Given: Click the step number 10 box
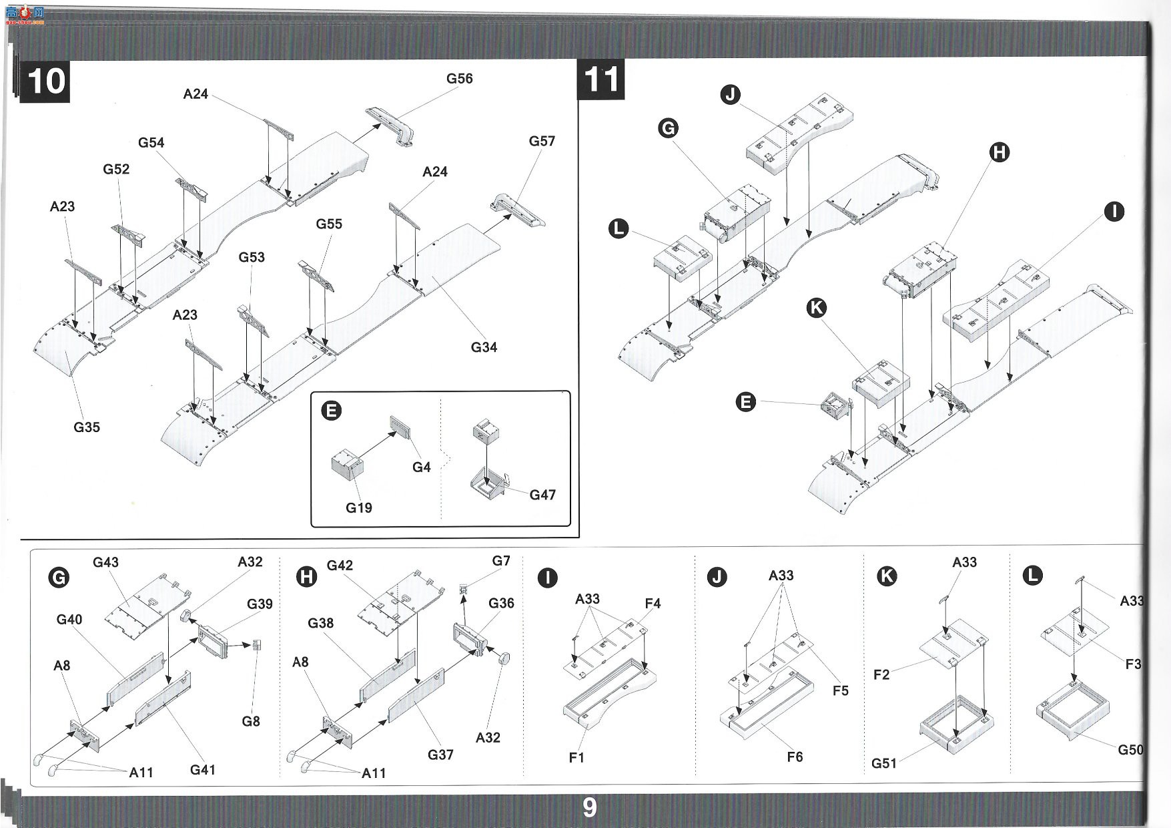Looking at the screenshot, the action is tap(45, 81).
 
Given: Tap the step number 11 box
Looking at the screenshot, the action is tap(601, 79).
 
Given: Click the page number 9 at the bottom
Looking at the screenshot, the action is tap(590, 807).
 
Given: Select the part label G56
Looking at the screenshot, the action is tap(460, 79).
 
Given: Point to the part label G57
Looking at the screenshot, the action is tap(542, 141).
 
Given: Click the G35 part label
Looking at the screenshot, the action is tap(87, 427).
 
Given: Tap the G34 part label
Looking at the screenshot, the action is tap(484, 347).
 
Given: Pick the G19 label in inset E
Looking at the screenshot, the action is tap(358, 507).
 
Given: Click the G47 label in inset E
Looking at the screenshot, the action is tap(542, 495).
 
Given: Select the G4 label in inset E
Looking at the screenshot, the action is tap(421, 467).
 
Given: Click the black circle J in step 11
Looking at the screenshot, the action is tap(731, 95).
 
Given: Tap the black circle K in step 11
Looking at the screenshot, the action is tap(816, 308).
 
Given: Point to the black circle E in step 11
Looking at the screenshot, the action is tap(745, 402).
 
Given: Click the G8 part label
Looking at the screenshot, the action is tap(251, 721).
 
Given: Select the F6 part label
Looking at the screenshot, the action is tap(795, 757).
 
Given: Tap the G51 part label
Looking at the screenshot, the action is tap(884, 763).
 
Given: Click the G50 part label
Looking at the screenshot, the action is tap(1130, 750).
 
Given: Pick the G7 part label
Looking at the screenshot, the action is tap(501, 561).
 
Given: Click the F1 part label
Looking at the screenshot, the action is tap(576, 757).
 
